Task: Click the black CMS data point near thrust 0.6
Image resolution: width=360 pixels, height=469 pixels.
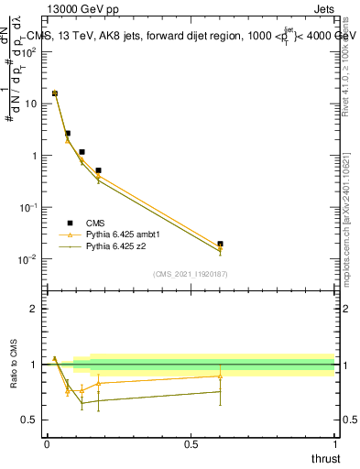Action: pos(220,244)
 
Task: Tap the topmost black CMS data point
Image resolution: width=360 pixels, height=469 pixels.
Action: pos(55,93)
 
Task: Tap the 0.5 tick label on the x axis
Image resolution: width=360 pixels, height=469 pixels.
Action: pos(191,444)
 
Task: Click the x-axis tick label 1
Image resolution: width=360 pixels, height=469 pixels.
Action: pos(335,444)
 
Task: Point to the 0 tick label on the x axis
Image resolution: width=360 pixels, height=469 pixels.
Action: pos(47,444)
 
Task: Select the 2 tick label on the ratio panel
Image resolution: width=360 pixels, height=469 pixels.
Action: pos(34,309)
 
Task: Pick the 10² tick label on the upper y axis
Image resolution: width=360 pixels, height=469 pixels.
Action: pos(27,51)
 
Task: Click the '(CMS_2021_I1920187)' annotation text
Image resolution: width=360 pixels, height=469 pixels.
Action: pos(191,274)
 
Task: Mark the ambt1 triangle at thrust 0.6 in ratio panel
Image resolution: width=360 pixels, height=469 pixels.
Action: pos(220,376)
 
